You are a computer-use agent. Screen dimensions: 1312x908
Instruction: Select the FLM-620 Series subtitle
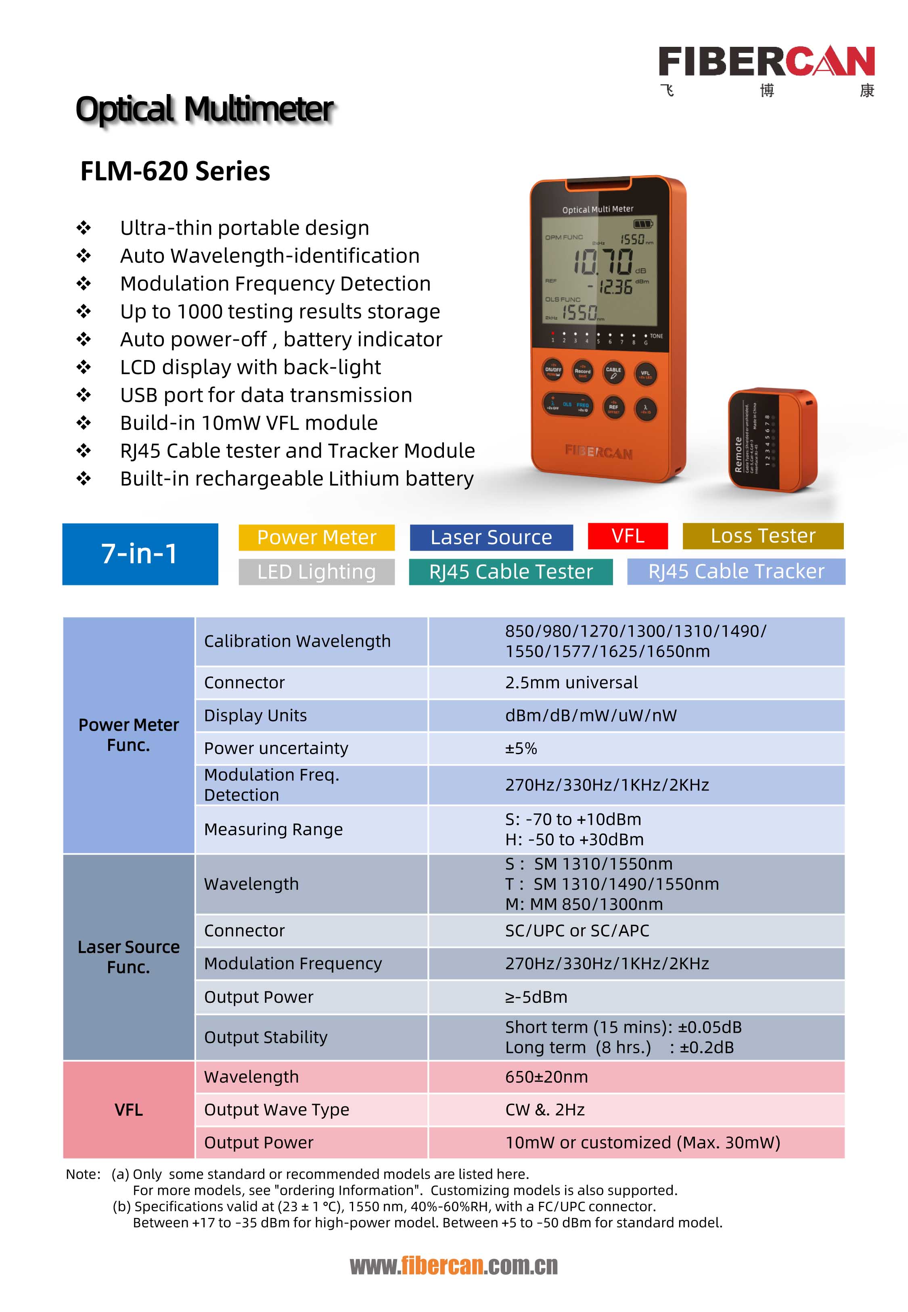tap(175, 171)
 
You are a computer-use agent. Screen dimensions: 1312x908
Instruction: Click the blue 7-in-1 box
tap(140, 553)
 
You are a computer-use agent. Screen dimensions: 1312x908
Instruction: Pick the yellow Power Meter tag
tap(316, 537)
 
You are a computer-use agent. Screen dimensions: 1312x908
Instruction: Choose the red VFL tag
tap(628, 536)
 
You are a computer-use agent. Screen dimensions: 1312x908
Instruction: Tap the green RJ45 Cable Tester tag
tap(510, 571)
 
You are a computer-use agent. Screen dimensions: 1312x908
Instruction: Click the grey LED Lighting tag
tap(316, 571)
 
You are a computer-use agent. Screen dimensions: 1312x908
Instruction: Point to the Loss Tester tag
tap(762, 536)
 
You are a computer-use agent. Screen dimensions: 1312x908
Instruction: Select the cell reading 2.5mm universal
tap(571, 682)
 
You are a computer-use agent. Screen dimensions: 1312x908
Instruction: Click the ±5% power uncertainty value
tap(521, 748)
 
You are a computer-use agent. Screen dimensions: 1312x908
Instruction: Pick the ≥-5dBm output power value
tap(536, 997)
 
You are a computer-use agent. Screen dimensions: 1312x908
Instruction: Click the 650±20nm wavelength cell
tap(546, 1077)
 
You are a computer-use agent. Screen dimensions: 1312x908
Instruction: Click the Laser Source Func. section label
tap(129, 957)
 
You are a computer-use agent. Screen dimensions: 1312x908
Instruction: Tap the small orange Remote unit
tap(772, 440)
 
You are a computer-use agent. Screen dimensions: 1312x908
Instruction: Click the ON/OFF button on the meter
tap(553, 370)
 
